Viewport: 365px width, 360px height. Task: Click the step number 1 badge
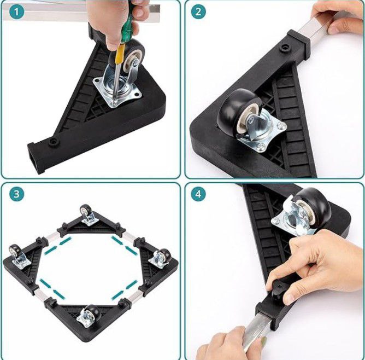point(17,12)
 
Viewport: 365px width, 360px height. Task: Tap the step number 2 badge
point(198,12)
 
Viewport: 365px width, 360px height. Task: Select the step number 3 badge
point(17,194)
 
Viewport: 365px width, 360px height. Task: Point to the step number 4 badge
point(198,194)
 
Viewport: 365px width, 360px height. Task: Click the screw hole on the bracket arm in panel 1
point(54,142)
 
